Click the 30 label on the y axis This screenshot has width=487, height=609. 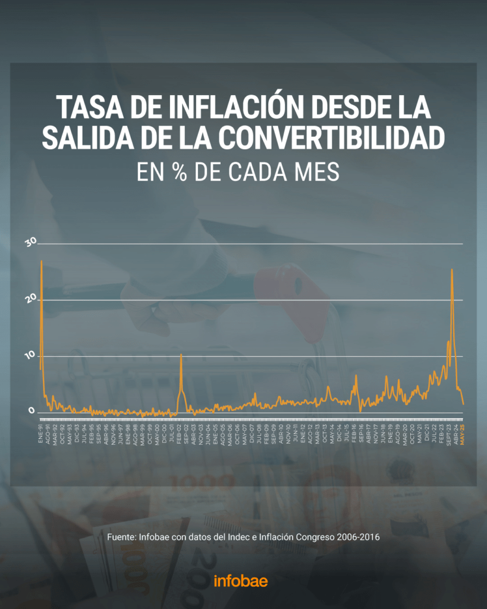31,242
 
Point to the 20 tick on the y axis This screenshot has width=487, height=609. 31,298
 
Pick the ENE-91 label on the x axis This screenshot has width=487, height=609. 41,432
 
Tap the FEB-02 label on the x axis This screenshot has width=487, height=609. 180,432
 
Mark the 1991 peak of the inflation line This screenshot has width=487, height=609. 41,261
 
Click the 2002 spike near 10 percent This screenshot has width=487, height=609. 181,354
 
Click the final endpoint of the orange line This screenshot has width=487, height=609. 463,404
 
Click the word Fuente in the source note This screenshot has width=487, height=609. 121,536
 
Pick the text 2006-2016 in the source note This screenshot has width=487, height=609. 358,536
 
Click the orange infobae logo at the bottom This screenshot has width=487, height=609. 241,580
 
